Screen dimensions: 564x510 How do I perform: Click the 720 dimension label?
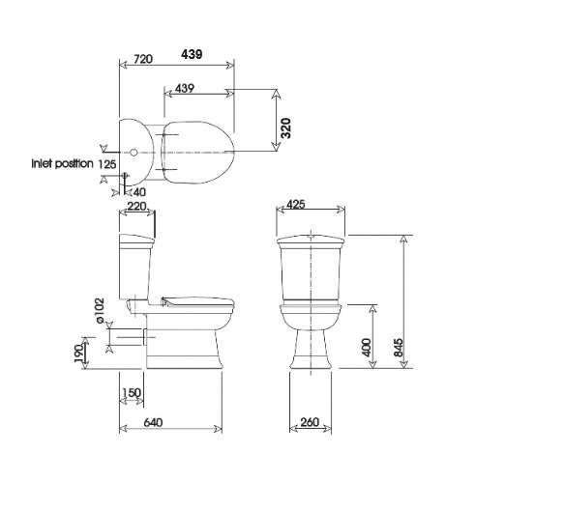pos(143,59)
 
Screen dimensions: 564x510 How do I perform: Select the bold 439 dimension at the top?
pos(192,54)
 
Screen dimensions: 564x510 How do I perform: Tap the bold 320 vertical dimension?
pos(285,128)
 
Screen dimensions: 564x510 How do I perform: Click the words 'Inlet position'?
pos(62,163)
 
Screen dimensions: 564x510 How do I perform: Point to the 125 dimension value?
pos(107,164)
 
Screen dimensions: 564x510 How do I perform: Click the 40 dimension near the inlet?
pos(139,192)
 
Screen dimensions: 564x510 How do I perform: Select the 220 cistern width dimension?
pos(137,206)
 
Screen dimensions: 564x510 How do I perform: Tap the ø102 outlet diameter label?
pos(100,310)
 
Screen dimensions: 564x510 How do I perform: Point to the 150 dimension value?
pos(132,392)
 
